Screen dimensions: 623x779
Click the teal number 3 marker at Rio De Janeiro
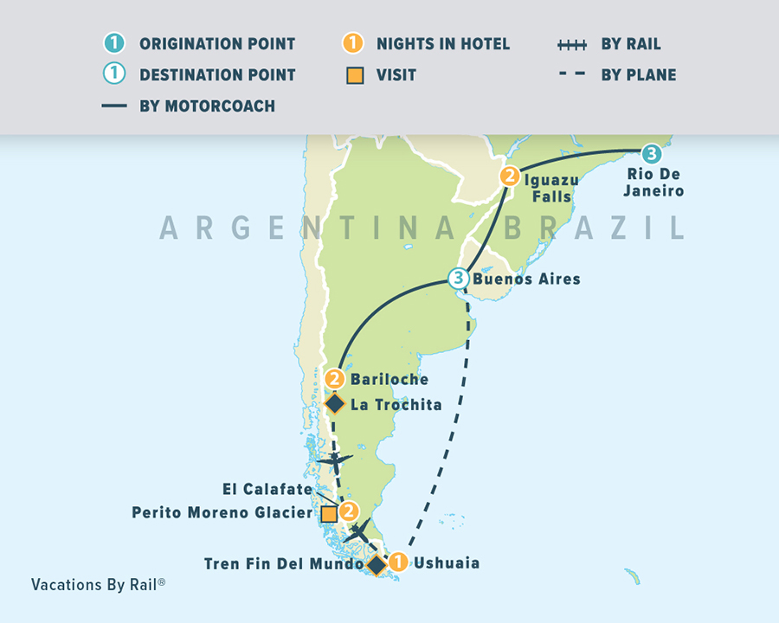pyautogui.click(x=652, y=154)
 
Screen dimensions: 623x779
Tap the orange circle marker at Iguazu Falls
pyautogui.click(x=509, y=177)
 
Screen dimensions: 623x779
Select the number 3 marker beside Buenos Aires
pyautogui.click(x=458, y=279)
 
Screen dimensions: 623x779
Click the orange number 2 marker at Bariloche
pyautogui.click(x=335, y=379)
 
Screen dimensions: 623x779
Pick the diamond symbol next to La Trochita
pyautogui.click(x=335, y=403)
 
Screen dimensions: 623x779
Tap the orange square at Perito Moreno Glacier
pyautogui.click(x=329, y=514)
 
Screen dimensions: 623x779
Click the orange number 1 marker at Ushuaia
pyautogui.click(x=397, y=562)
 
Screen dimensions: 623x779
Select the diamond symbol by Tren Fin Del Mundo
pyautogui.click(x=377, y=565)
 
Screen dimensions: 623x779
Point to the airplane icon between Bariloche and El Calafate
pyautogui.click(x=335, y=460)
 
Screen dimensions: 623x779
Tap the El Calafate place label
pyautogui.click(x=267, y=490)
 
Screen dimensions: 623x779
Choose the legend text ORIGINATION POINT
pyautogui.click(x=217, y=44)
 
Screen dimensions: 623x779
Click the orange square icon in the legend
pyautogui.click(x=352, y=75)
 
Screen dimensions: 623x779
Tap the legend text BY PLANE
pyautogui.click(x=639, y=75)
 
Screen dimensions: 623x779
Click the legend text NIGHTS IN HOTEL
pyautogui.click(x=443, y=44)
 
